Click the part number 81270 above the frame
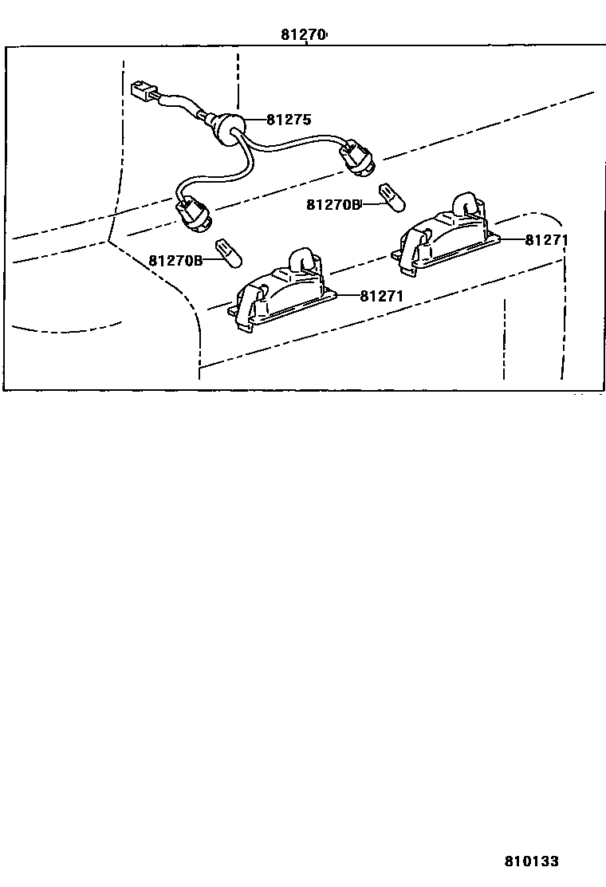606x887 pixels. coord(303,35)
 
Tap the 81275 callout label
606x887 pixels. coord(288,120)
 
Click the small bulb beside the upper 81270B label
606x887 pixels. coord(390,196)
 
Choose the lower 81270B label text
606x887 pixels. coord(175,261)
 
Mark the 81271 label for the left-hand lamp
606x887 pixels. coord(382,296)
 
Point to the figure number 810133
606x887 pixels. coord(531,861)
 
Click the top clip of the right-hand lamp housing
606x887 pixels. coord(466,203)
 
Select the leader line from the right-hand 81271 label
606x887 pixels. coord(510,239)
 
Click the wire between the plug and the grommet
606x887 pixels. coord(182,104)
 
